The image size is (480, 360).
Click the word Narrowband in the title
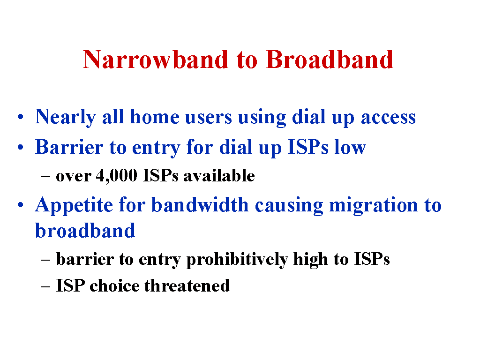156,60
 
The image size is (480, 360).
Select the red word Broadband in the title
330,60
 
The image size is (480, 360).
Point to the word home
155,116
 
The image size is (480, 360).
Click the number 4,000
117,176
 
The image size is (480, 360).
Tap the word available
219,175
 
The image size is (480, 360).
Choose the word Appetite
74,206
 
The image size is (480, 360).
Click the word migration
374,206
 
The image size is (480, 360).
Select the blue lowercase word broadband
85,230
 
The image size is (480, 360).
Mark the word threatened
187,285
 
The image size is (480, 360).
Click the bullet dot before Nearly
21,117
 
